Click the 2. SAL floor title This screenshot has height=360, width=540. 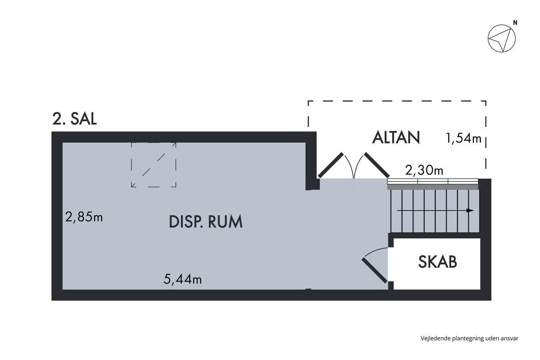[x=74, y=118]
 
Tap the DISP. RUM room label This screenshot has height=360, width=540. [x=206, y=222]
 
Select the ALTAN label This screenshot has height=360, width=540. [x=396, y=137]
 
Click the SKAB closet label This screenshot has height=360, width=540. [x=437, y=262]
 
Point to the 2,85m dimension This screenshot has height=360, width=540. [x=84, y=217]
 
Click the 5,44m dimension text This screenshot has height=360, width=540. [x=182, y=279]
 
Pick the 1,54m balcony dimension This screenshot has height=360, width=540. [x=464, y=139]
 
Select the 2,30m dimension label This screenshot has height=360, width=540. [x=424, y=170]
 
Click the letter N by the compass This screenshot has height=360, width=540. [x=515, y=23]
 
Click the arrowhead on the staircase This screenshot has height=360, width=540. [x=470, y=211]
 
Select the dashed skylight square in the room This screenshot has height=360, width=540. [x=154, y=165]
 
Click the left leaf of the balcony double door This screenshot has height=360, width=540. [x=330, y=165]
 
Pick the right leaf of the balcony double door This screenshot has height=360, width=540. [x=376, y=165]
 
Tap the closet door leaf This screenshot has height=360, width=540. [x=375, y=270]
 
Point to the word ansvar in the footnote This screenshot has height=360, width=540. [x=510, y=338]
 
